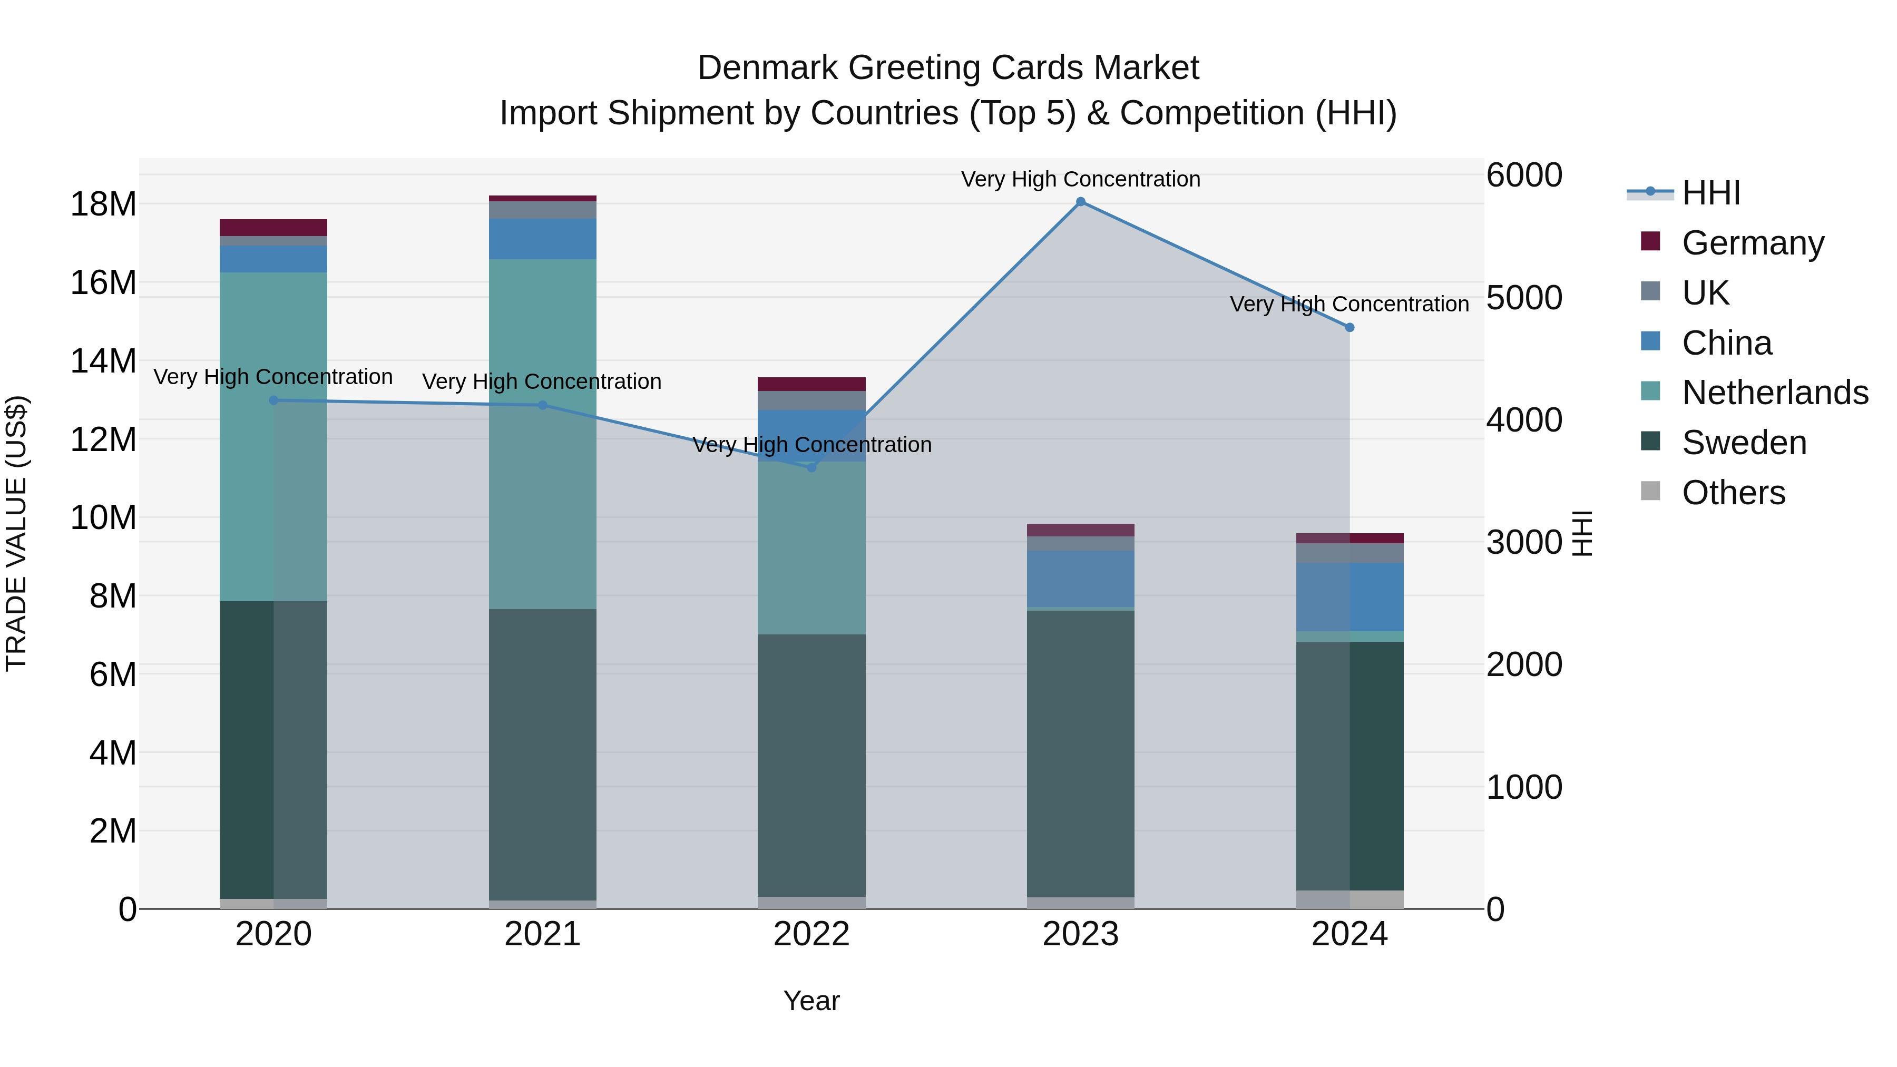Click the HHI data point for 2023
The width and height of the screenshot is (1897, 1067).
(1080, 202)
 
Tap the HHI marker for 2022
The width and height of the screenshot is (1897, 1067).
(811, 467)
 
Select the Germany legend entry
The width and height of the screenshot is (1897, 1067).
(1753, 243)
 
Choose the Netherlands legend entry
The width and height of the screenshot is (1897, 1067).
(1775, 393)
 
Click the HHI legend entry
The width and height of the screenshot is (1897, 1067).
(1710, 193)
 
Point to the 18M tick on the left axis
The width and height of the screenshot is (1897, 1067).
(103, 204)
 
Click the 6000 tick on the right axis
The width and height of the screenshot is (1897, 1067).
(1523, 175)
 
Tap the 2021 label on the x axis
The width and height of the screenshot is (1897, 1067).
(543, 934)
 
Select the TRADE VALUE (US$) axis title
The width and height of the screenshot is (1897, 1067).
(16, 533)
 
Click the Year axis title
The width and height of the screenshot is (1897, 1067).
(811, 1001)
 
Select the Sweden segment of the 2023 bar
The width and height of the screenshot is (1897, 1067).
(1080, 751)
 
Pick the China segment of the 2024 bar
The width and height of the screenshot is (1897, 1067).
(1350, 596)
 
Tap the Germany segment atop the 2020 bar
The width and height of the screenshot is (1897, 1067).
(273, 228)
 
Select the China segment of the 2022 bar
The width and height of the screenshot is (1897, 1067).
(811, 435)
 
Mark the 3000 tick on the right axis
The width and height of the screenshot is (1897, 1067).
(1523, 543)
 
